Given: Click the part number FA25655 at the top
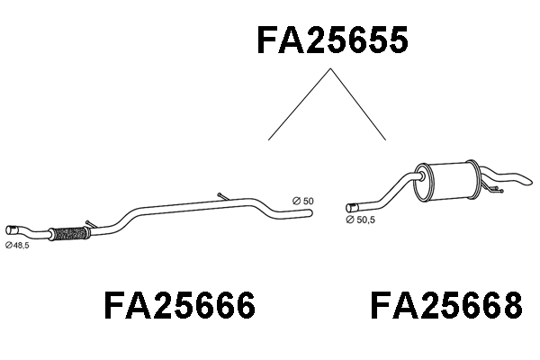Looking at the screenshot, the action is pyautogui.click(x=333, y=40).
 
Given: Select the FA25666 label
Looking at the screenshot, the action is pyautogui.click(x=180, y=305).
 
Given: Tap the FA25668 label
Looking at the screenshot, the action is pyautogui.click(x=446, y=305).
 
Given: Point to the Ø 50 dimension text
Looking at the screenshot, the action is pyautogui.click(x=303, y=201).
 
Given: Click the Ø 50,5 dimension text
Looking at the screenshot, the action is pyautogui.click(x=361, y=220).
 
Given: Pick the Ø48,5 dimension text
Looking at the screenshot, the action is pyautogui.click(x=17, y=245).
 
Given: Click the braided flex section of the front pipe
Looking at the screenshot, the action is pyautogui.click(x=69, y=233).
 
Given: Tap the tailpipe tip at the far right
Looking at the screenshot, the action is pyautogui.click(x=526, y=180).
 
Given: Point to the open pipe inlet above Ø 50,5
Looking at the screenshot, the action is pyautogui.click(x=351, y=208).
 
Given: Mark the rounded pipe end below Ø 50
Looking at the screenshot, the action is pyautogui.click(x=310, y=213).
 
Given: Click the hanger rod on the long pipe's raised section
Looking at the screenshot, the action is pyautogui.click(x=223, y=197).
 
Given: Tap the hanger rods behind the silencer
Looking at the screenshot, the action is pyautogui.click(x=493, y=189).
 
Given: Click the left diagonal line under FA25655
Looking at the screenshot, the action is pyautogui.click(x=300, y=104).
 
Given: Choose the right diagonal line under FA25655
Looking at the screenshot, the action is pyautogui.click(x=358, y=104).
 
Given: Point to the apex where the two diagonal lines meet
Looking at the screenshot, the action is pyautogui.click(x=330, y=69).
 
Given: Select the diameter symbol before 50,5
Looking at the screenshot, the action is pyautogui.click(x=350, y=220).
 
